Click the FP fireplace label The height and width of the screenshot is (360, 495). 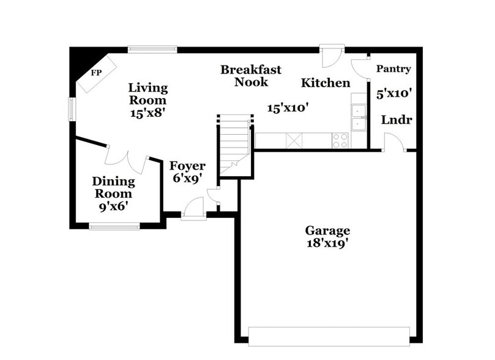(96, 73)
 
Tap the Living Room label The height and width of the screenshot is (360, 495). (147, 94)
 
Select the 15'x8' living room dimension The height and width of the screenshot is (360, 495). (148, 113)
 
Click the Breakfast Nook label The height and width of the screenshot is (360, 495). (251, 76)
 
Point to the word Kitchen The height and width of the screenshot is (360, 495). (326, 83)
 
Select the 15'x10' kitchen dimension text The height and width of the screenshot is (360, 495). (288, 108)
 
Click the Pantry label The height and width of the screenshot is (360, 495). (393, 69)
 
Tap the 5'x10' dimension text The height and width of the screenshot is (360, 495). (393, 94)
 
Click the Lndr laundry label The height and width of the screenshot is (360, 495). (396, 119)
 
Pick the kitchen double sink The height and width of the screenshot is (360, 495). (359, 118)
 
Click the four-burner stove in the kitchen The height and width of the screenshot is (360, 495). (340, 140)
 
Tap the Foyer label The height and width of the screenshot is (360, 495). (187, 166)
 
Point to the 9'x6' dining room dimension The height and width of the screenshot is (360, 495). (113, 206)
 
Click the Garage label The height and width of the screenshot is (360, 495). (327, 231)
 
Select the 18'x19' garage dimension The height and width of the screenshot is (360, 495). (327, 243)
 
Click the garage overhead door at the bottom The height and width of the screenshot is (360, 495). (329, 336)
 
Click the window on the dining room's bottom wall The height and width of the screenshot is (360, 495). (114, 227)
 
